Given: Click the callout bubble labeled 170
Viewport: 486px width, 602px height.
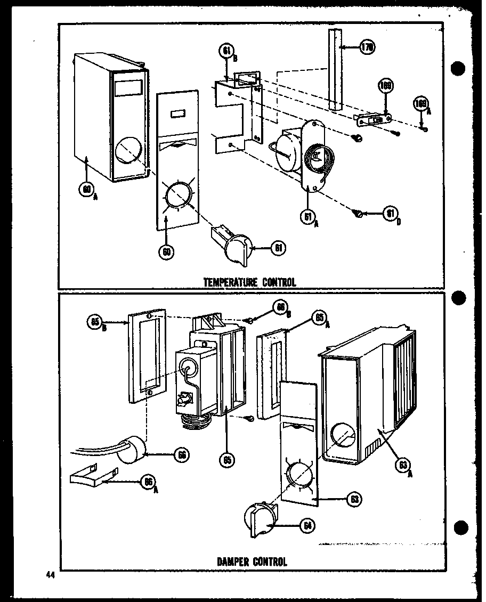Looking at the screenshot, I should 367,47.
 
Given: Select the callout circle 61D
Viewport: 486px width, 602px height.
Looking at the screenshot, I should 390,214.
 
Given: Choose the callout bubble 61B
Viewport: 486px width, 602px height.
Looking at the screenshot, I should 226,52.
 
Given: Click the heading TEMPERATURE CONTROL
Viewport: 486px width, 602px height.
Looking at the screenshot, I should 250,282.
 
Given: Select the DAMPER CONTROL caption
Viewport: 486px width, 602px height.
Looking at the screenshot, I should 252,562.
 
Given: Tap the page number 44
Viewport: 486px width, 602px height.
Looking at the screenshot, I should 51,574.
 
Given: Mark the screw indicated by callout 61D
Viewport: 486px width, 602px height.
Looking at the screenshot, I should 359,214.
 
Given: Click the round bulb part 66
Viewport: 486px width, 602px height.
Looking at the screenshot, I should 131,452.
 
